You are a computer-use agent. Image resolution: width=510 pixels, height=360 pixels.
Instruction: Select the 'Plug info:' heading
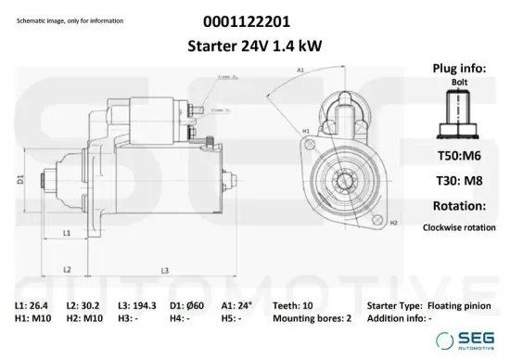(x=456, y=69)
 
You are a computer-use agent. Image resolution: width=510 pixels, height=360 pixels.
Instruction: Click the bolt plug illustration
(x=457, y=119)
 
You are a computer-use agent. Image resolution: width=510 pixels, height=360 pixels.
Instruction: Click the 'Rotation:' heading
(x=457, y=206)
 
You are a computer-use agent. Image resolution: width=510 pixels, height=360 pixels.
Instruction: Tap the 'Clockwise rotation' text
(x=459, y=226)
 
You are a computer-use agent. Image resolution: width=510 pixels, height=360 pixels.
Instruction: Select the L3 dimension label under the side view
(x=164, y=270)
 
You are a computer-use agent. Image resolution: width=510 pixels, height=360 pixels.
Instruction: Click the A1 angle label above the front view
(x=301, y=71)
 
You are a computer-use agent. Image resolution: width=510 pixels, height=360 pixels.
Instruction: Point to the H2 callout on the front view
(x=393, y=224)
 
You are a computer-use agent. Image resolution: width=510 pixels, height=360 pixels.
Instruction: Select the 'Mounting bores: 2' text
(x=312, y=318)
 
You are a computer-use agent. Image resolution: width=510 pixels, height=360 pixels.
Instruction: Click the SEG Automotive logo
(x=472, y=341)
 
